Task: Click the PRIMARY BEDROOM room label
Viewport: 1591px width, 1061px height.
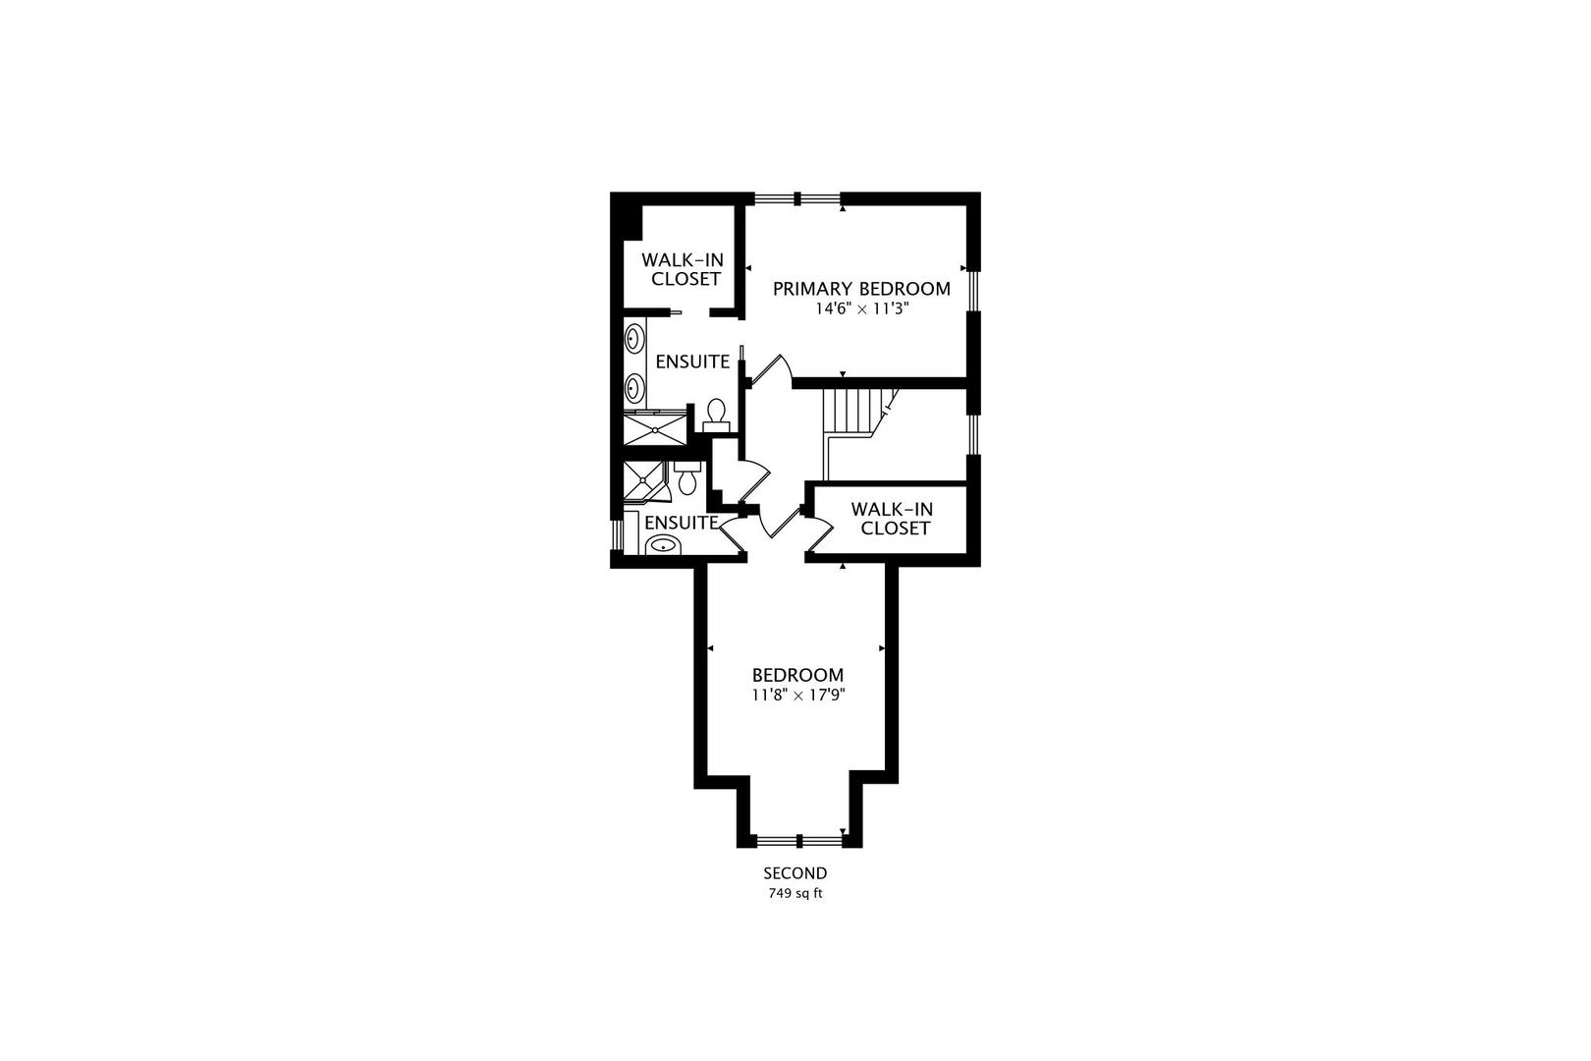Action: pyautogui.click(x=861, y=289)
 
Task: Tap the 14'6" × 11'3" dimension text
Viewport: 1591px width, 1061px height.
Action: pyautogui.click(x=861, y=309)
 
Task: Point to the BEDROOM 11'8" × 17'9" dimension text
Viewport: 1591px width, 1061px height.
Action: pyautogui.click(x=798, y=695)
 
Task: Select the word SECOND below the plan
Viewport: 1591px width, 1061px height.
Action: pyautogui.click(x=795, y=873)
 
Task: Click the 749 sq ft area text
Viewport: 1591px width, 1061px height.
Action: pyautogui.click(x=795, y=894)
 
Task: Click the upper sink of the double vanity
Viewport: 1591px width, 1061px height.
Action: pyautogui.click(x=633, y=338)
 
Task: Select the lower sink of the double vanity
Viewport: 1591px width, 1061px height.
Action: pyautogui.click(x=633, y=388)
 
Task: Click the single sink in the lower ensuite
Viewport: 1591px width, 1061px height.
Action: pyautogui.click(x=663, y=546)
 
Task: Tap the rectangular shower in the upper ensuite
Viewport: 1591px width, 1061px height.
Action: pyautogui.click(x=655, y=429)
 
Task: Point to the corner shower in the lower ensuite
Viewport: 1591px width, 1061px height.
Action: pyautogui.click(x=643, y=481)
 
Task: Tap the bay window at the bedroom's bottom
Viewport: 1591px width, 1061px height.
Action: pyautogui.click(x=799, y=841)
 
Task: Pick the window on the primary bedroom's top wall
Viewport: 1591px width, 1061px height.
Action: pyautogui.click(x=796, y=198)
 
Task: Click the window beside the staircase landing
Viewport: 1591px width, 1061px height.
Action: pyautogui.click(x=973, y=433)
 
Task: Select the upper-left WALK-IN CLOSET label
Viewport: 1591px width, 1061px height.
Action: pyautogui.click(x=683, y=269)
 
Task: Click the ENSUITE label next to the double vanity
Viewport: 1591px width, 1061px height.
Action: pyautogui.click(x=692, y=362)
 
